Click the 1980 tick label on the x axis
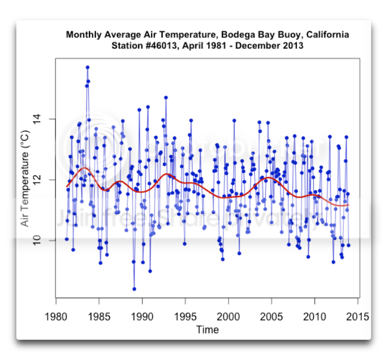(56, 316)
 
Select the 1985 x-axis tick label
(99, 316)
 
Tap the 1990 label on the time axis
(142, 316)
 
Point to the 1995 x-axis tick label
(185, 316)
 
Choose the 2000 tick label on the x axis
(229, 316)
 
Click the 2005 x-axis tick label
(271, 316)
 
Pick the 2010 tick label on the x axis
(315, 316)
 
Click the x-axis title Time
(207, 330)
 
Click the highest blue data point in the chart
(88, 67)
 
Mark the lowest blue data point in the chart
(134, 288)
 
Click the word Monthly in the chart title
(83, 35)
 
